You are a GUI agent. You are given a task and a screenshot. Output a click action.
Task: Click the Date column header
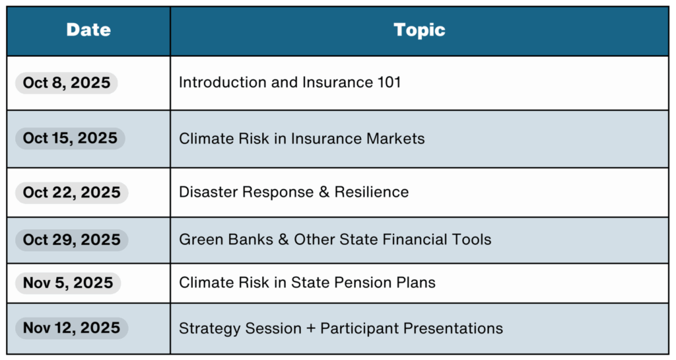pyautogui.click(x=88, y=30)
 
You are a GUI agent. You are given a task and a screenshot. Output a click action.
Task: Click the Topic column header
pyautogui.click(x=419, y=30)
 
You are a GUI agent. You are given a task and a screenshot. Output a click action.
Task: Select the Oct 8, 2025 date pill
pyautogui.click(x=67, y=83)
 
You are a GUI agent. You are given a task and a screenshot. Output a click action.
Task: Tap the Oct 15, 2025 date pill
pyautogui.click(x=70, y=138)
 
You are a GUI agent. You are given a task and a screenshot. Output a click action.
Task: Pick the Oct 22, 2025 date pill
pyautogui.click(x=71, y=192)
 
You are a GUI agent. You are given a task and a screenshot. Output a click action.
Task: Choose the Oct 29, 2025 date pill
pyautogui.click(x=71, y=240)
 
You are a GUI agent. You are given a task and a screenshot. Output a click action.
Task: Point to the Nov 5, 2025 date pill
pyautogui.click(x=68, y=283)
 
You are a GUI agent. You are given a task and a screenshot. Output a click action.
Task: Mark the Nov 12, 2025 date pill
pyautogui.click(x=71, y=328)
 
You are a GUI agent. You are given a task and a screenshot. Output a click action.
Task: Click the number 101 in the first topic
pyautogui.click(x=389, y=83)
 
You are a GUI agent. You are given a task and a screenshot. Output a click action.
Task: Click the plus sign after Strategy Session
pyautogui.click(x=311, y=328)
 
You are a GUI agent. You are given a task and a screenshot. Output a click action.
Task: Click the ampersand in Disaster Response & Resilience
pyautogui.click(x=323, y=192)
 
